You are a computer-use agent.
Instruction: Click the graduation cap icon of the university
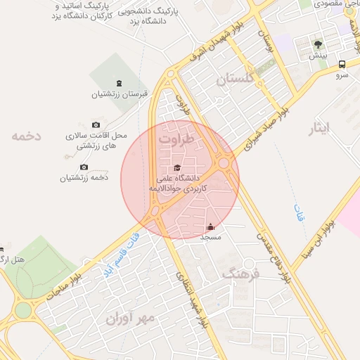(176, 167)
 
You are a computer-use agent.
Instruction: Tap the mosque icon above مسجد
(211, 227)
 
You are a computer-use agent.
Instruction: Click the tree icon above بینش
(319, 44)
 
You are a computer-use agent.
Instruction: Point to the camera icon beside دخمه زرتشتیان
(84, 167)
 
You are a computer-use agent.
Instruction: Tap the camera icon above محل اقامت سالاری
(96, 124)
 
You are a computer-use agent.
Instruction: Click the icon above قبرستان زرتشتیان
(118, 84)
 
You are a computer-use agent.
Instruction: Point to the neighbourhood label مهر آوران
(129, 319)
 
